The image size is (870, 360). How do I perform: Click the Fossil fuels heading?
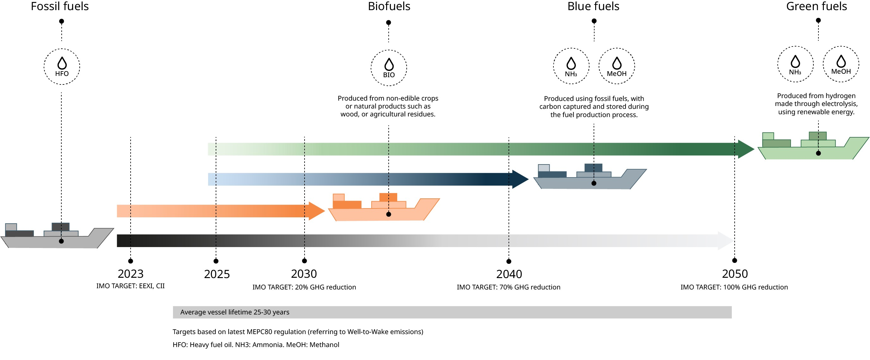click(60, 6)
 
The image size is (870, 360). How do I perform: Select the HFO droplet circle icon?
click(62, 66)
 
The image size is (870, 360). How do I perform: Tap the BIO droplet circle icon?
click(389, 68)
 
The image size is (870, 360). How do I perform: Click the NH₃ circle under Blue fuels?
click(571, 66)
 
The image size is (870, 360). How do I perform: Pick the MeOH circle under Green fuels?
click(841, 64)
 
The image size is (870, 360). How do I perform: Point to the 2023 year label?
click(131, 274)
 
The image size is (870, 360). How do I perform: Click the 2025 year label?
click(217, 274)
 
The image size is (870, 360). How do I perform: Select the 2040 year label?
click(509, 274)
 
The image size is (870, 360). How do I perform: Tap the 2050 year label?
click(735, 274)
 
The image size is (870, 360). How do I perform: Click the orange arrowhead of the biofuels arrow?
click(316, 211)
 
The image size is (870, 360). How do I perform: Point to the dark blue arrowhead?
click(520, 179)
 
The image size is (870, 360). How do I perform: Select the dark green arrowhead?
click(746, 149)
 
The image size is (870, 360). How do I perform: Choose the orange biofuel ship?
click(384, 207)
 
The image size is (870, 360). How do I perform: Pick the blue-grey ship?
click(590, 177)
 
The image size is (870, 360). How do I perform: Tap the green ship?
click(813, 146)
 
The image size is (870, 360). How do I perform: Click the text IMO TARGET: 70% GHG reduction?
click(509, 287)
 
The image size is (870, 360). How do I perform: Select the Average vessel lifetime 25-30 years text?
click(235, 312)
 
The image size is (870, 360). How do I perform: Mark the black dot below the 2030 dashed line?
click(304, 261)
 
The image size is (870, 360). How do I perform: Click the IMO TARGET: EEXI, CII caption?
click(130, 286)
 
